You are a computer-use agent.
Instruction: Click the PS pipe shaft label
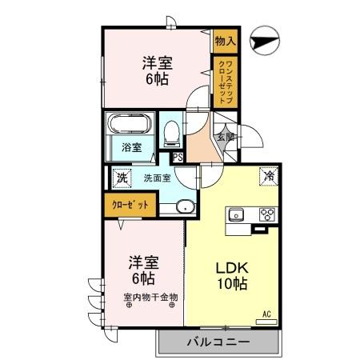(177, 157)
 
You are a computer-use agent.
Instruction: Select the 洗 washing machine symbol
(122, 178)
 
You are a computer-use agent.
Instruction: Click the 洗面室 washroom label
(157, 178)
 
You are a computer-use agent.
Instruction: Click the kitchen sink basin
(237, 214)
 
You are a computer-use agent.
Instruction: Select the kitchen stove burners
(267, 214)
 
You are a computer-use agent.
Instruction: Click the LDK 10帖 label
(230, 277)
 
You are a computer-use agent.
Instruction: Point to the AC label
(266, 314)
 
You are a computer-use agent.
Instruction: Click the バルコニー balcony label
(218, 342)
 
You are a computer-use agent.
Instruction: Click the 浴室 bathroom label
(131, 147)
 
